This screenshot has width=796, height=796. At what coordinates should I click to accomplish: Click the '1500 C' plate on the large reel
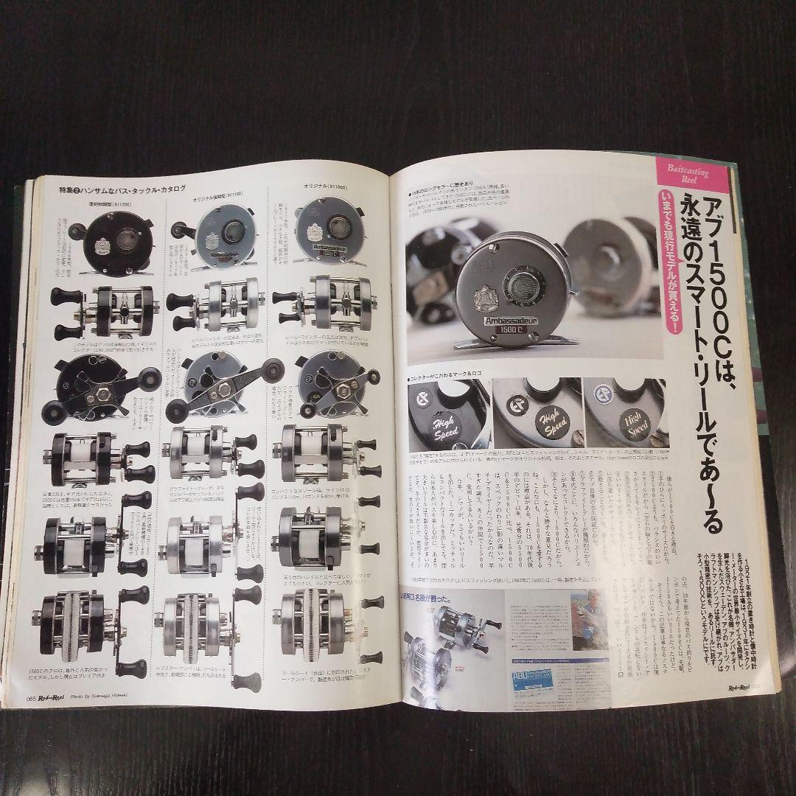pyautogui.click(x=520, y=343)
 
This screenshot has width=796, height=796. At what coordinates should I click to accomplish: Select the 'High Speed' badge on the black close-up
pyautogui.click(x=444, y=430)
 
